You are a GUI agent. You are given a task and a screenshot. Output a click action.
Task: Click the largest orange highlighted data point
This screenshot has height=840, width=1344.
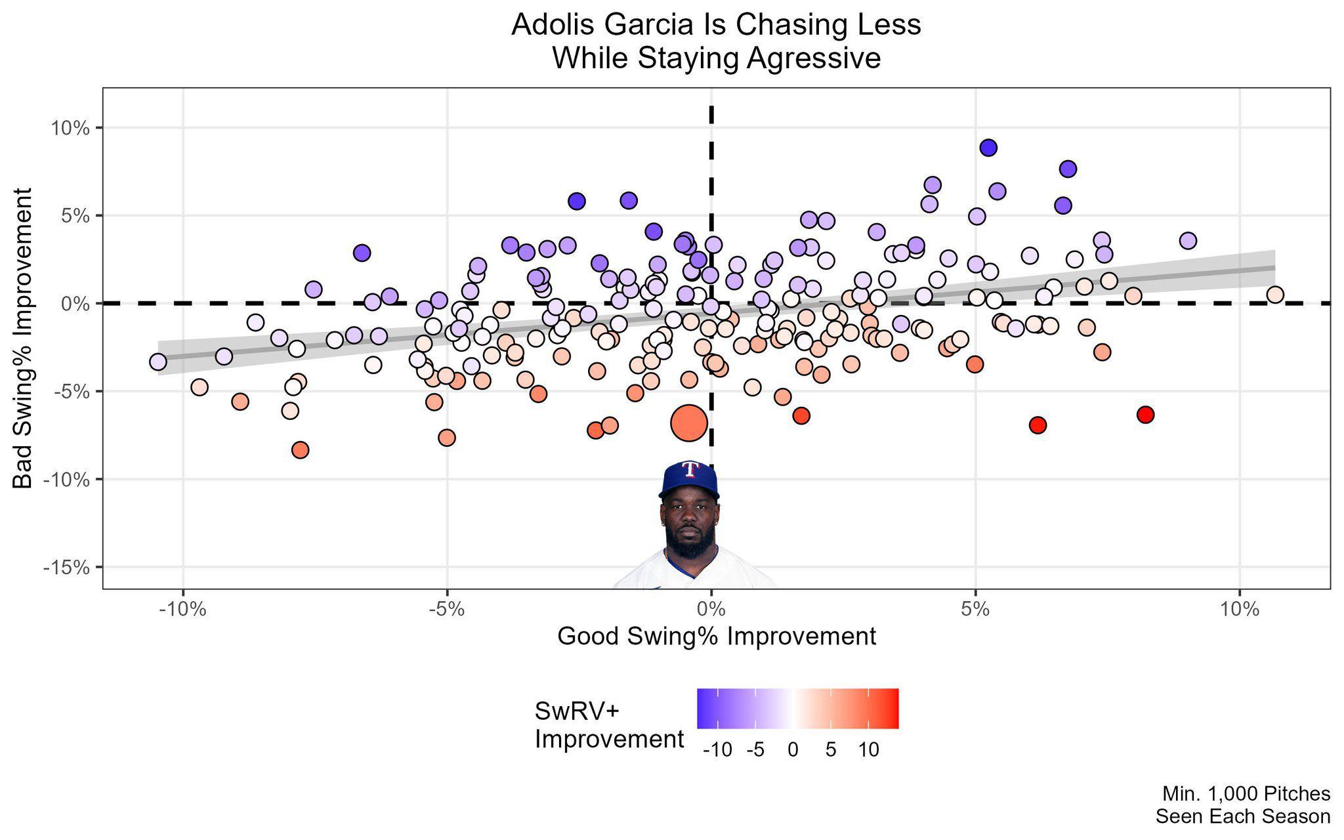click(688, 423)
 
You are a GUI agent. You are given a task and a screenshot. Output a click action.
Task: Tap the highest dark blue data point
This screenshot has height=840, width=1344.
click(988, 148)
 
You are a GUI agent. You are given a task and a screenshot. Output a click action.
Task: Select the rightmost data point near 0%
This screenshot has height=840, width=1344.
click(1274, 295)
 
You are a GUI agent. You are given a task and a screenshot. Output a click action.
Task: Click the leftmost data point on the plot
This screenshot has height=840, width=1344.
click(158, 362)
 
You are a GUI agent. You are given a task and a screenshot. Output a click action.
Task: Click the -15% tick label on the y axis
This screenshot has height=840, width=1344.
click(66, 567)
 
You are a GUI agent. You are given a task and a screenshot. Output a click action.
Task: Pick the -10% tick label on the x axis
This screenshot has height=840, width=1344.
click(182, 610)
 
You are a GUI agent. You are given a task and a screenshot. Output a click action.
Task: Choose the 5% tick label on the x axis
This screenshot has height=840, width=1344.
click(975, 610)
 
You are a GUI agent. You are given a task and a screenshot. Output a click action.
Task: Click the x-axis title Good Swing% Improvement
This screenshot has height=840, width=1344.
click(716, 637)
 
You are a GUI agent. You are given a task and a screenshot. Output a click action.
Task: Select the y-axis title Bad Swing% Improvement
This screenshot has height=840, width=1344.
click(24, 338)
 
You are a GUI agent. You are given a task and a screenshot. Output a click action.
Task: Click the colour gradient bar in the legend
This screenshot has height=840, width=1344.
click(797, 708)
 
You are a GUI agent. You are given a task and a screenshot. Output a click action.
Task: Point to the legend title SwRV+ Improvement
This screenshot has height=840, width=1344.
click(609, 725)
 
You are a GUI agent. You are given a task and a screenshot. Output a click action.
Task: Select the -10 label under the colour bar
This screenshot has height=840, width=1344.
click(717, 750)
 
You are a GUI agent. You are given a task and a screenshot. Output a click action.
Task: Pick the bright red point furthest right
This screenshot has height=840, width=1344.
click(1145, 415)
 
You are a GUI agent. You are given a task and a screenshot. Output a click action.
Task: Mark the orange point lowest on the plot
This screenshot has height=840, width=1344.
click(300, 450)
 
